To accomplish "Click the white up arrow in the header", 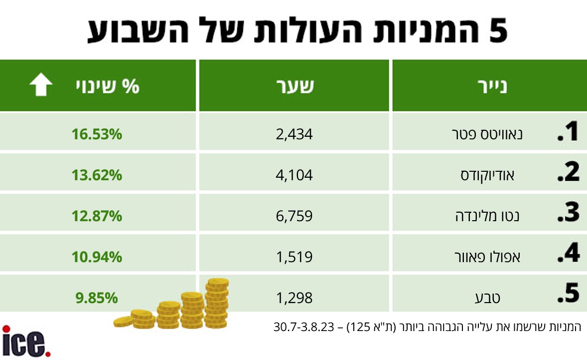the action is (41, 84).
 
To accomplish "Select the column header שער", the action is (295, 86).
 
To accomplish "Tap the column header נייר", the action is (492, 86).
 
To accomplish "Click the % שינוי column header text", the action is (108, 86).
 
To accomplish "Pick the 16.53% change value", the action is (97, 134).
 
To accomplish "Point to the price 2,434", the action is (294, 134).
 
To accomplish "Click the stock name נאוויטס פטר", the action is (487, 134).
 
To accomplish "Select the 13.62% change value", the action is (97, 175).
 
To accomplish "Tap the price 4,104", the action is (294, 175).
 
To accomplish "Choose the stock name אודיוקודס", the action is (487, 175).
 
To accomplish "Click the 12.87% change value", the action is (97, 216).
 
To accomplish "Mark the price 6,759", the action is (294, 216).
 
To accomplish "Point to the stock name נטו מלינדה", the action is (487, 216).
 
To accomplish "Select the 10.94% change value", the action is (97, 257).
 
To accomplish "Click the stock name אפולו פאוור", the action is (487, 257).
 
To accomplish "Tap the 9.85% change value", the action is (97, 298).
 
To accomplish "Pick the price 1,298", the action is (294, 298).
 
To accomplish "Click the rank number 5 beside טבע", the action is (568, 293).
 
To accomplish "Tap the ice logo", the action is (26, 341).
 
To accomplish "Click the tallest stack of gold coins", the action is (217, 303).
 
